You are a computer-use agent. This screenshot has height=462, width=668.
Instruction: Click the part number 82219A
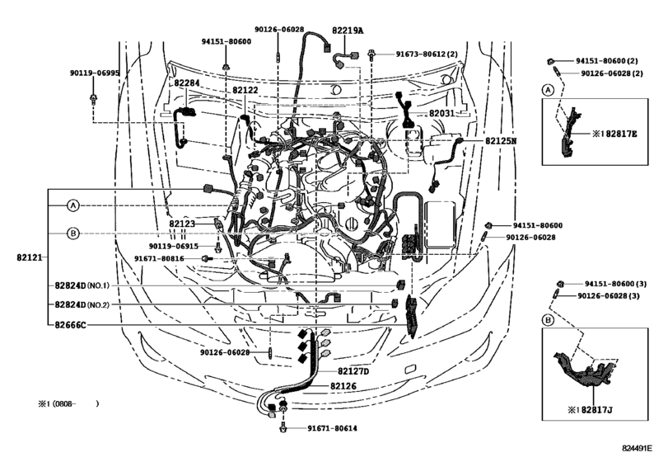(x=348, y=31)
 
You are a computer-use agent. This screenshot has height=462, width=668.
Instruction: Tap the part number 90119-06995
(x=95, y=73)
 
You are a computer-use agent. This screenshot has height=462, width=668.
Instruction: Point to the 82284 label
(x=187, y=83)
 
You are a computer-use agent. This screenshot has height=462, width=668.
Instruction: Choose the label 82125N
(x=500, y=141)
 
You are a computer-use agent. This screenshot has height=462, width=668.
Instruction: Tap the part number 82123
(x=183, y=224)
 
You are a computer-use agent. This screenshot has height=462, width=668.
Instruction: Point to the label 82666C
(x=71, y=325)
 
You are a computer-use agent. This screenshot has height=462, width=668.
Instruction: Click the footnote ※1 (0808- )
(x=68, y=404)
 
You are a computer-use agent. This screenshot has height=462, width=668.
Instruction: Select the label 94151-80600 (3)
(x=610, y=283)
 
